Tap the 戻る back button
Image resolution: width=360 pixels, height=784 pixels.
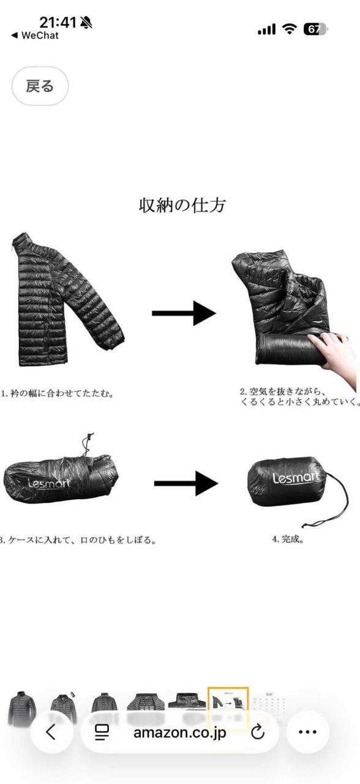40,86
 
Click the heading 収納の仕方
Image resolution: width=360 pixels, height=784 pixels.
182,205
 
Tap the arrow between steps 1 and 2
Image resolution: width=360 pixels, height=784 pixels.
184,313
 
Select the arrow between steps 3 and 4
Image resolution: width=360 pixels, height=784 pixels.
186,483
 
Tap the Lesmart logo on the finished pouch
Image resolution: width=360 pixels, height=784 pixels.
296,478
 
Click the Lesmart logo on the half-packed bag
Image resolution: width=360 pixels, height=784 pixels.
49,483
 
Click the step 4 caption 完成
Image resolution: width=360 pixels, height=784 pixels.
288,540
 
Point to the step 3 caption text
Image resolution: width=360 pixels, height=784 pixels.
78,540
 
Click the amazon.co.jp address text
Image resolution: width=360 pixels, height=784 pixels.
179,731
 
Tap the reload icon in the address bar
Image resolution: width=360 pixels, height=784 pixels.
258,731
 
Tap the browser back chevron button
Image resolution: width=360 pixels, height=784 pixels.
51,731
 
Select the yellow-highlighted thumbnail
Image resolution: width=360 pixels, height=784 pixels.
228,704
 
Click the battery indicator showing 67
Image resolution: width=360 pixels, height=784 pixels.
315,29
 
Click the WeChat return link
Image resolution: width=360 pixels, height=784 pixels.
35,36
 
